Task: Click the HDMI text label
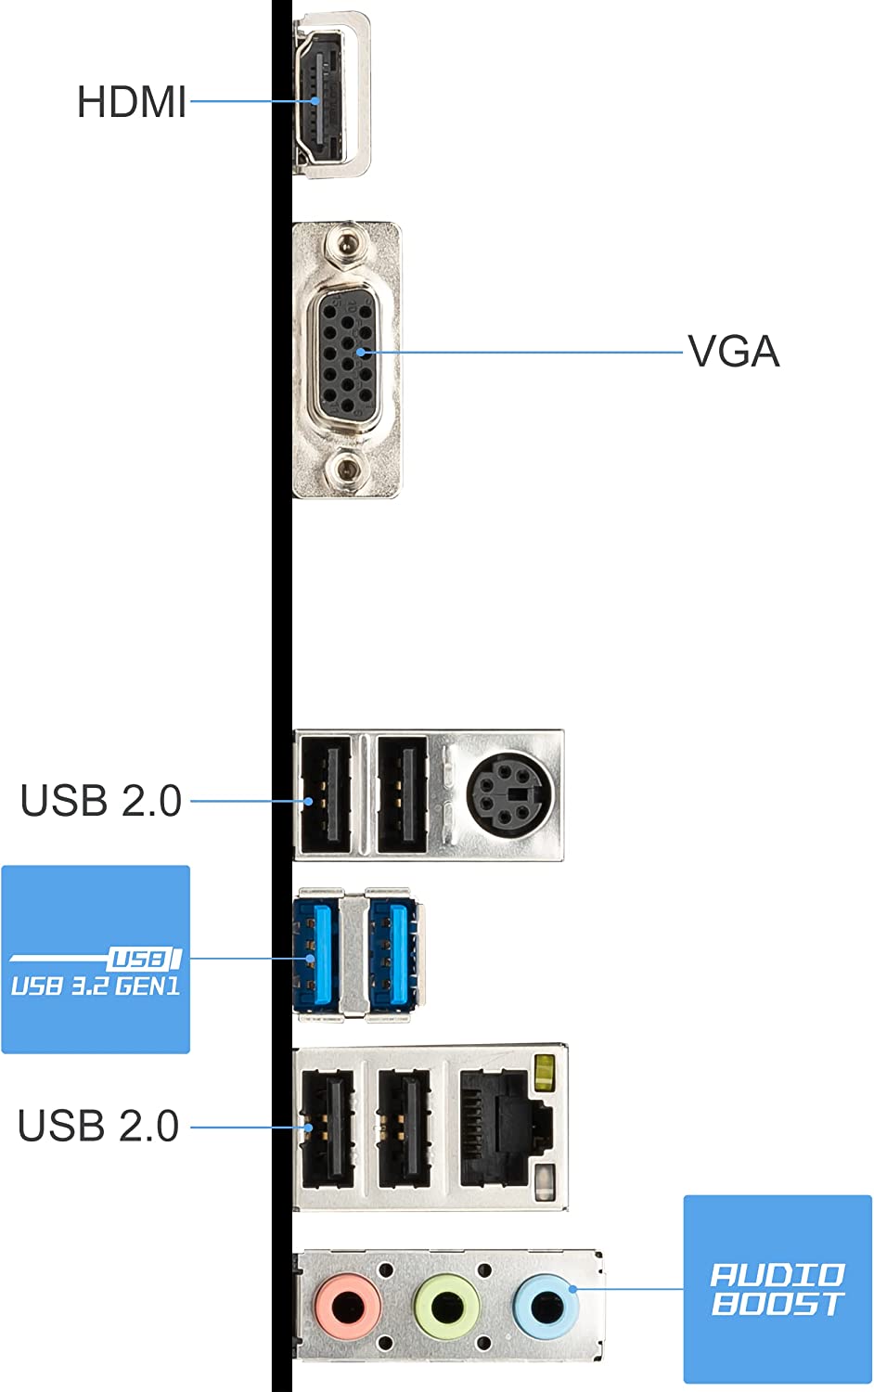[x=132, y=102]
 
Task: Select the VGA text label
[x=733, y=352]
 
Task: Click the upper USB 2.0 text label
[x=101, y=801]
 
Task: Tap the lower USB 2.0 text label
[x=98, y=1126]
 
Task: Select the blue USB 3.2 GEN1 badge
[x=96, y=960]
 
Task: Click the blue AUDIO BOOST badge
[x=778, y=1289]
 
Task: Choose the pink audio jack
[x=348, y=1305]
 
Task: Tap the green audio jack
[x=446, y=1305]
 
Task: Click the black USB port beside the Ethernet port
[x=404, y=1128]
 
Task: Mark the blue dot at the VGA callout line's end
[x=361, y=353]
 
